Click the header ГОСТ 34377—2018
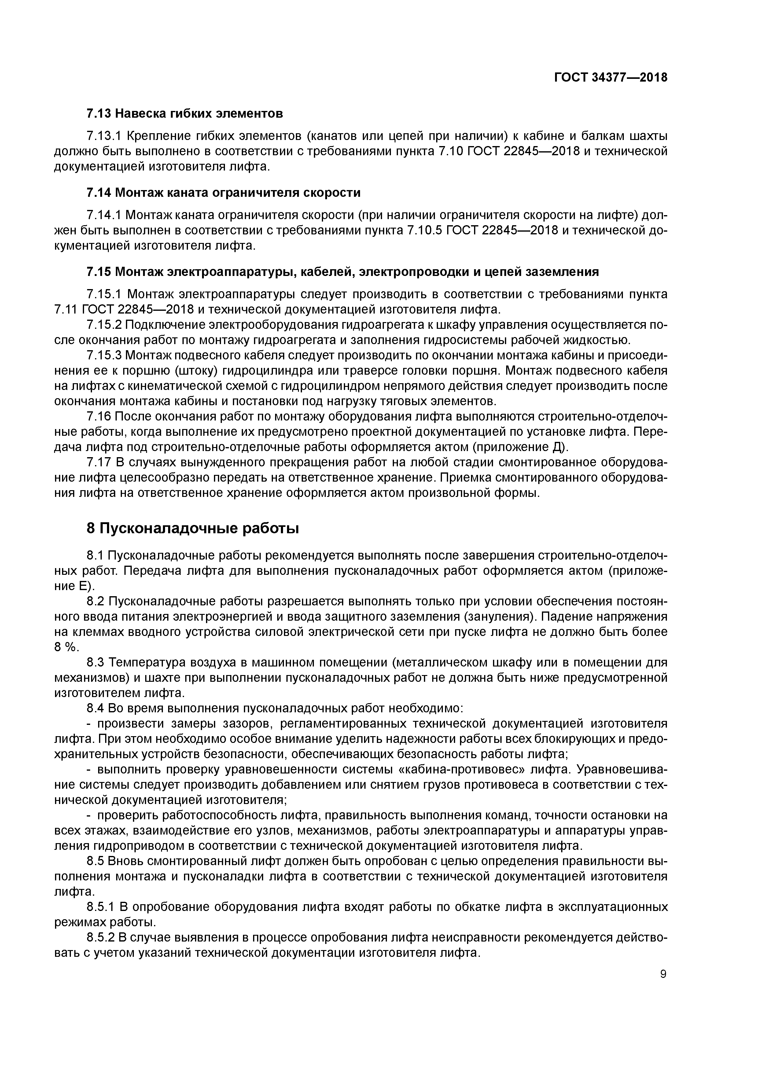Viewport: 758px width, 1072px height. point(610,78)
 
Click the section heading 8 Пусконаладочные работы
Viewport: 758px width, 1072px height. point(193,529)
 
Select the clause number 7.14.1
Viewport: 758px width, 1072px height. point(104,215)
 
